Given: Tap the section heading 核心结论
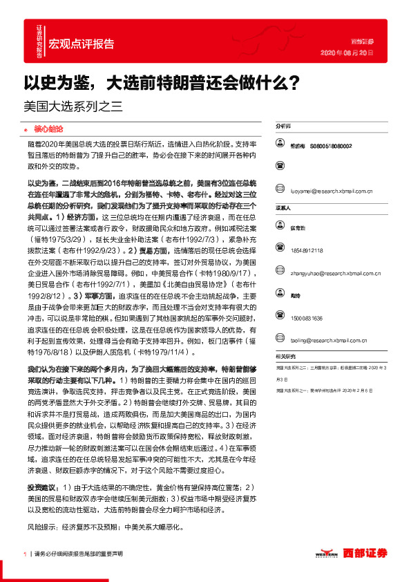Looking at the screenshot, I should point(48,129).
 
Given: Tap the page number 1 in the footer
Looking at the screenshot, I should point(24,554).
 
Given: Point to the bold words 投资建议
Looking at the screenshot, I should point(43,487).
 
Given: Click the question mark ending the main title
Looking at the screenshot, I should point(293,83).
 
